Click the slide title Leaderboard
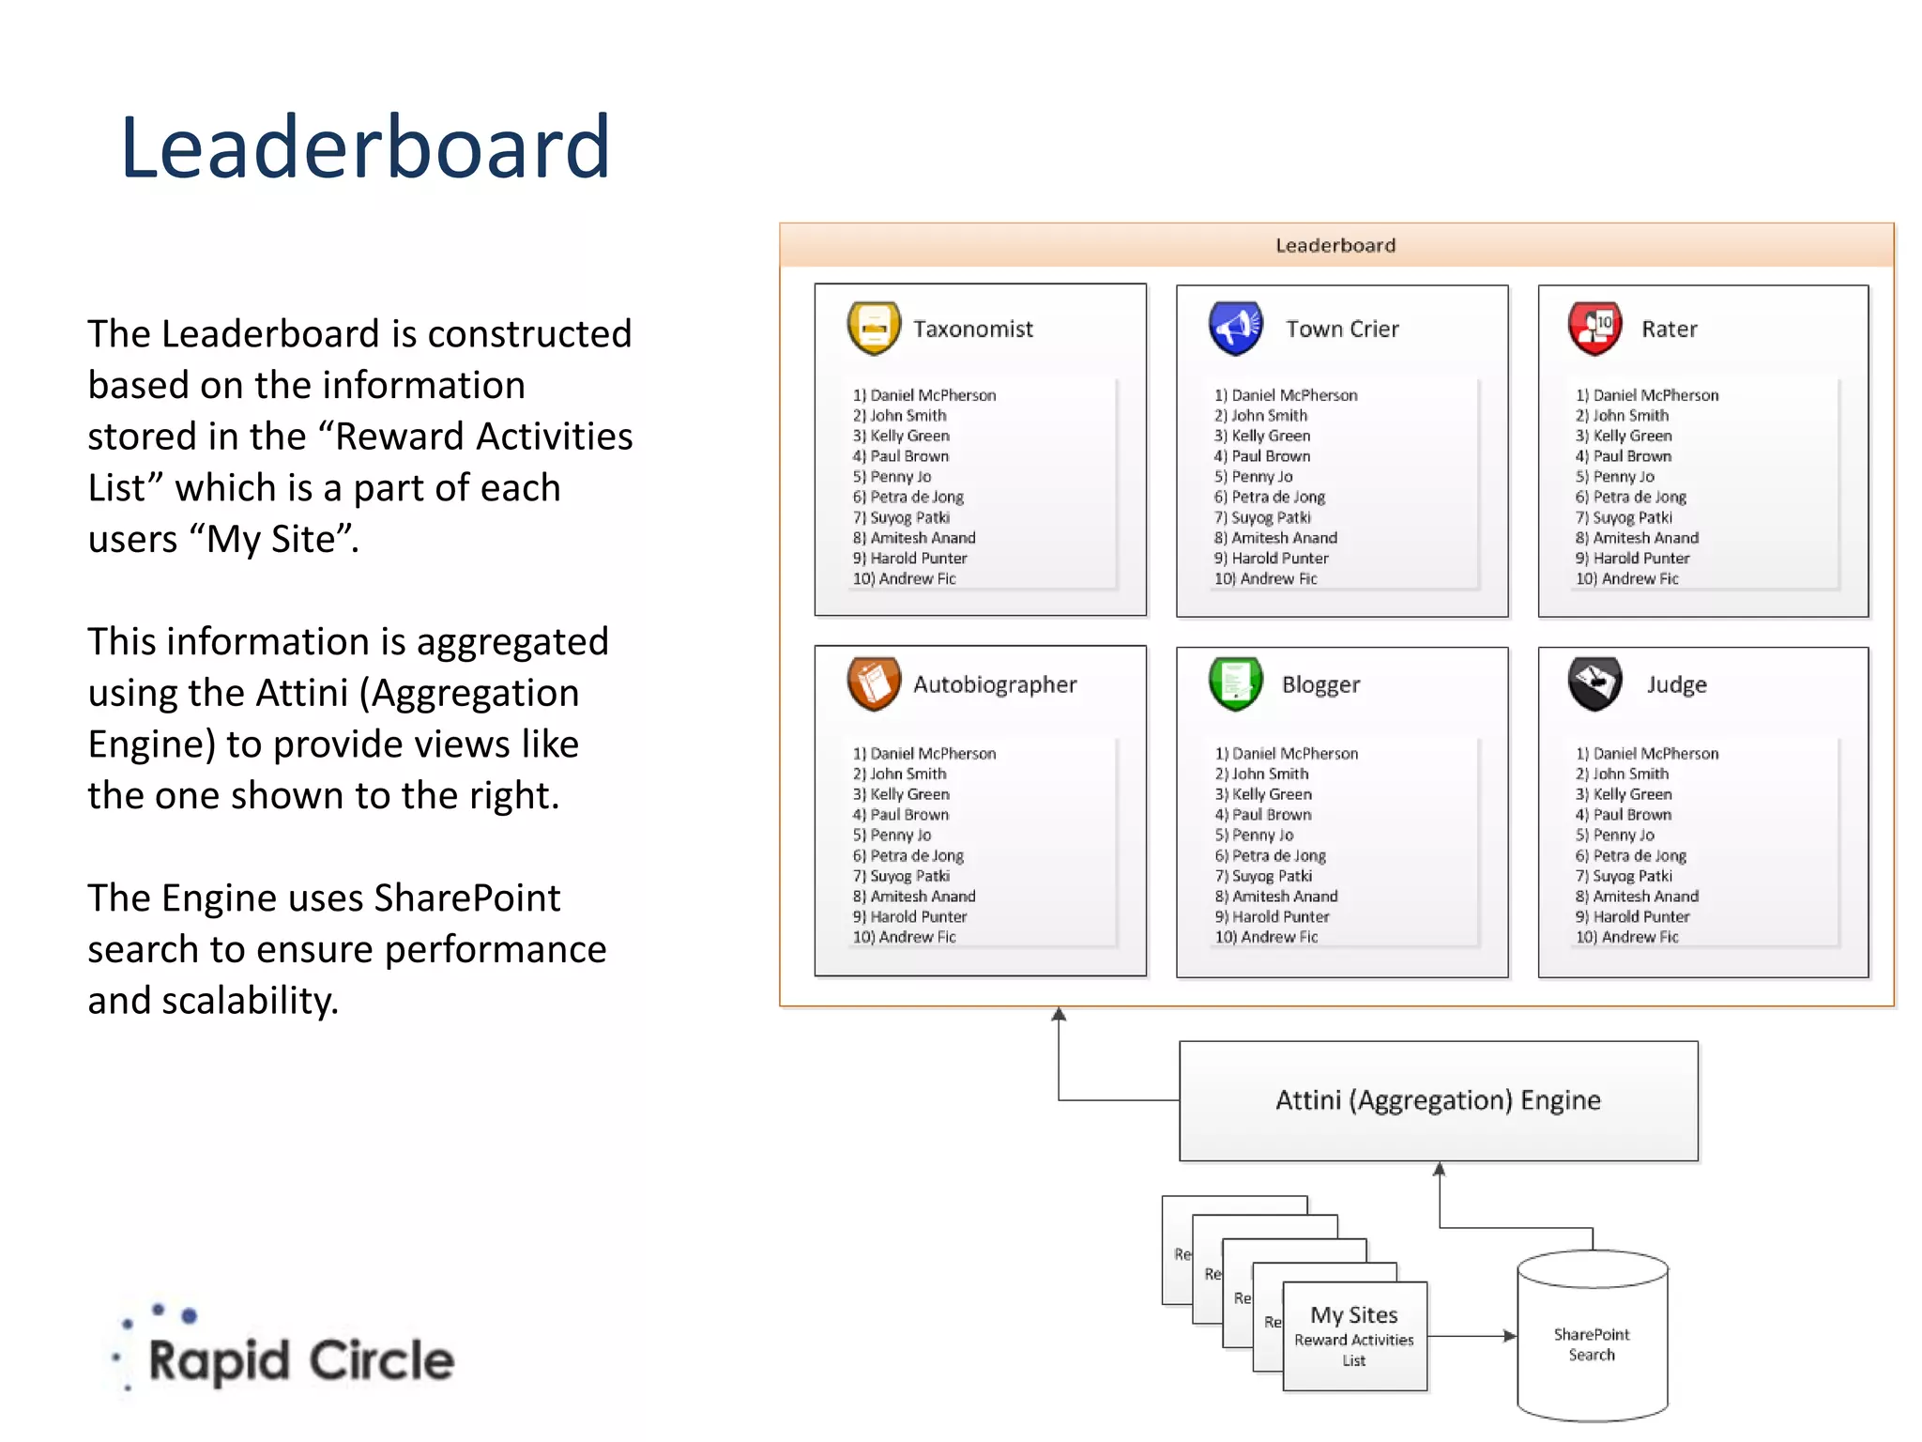(365, 147)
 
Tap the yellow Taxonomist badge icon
(874, 328)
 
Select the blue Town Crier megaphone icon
(1235, 328)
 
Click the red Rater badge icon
(1594, 328)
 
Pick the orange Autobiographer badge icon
(874, 683)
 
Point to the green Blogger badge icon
(1235, 683)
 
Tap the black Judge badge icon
(1594, 683)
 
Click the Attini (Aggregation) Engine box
(1438, 1100)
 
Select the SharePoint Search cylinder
(1592, 1337)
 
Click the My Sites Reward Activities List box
(1354, 1336)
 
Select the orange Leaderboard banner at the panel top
(1335, 245)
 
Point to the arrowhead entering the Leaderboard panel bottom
(1059, 1015)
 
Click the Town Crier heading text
(1342, 329)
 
